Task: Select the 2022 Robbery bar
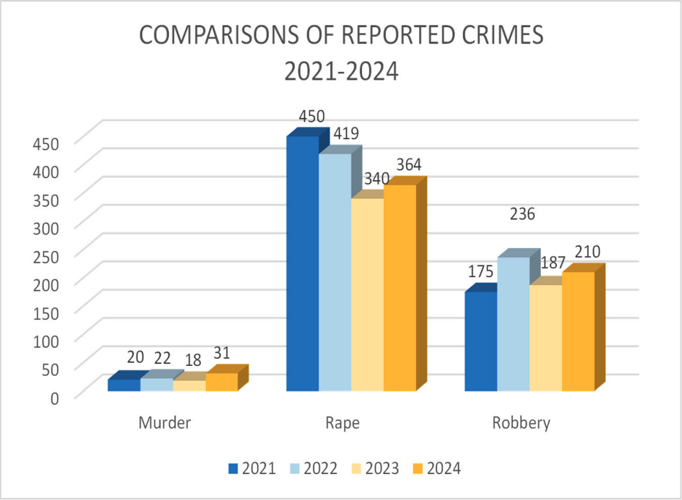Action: [513, 324]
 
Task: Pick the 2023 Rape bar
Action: [367, 294]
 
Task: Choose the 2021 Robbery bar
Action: [481, 341]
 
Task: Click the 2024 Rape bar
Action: [400, 288]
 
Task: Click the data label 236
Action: [522, 214]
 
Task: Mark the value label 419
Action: [345, 134]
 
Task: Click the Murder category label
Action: [165, 424]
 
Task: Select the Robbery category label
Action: [521, 424]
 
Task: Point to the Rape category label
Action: [343, 424]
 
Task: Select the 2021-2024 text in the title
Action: [341, 71]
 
